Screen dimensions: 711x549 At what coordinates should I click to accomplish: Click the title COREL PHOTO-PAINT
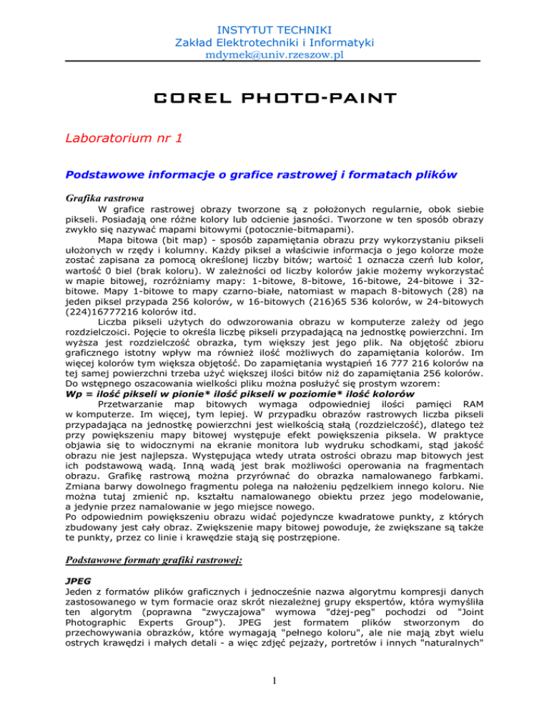274,97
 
